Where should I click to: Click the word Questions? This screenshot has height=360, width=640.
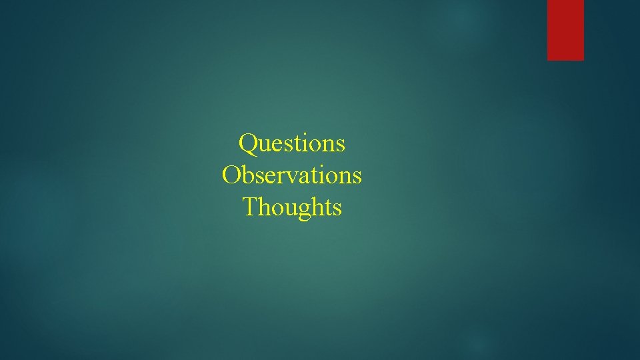coord(292,143)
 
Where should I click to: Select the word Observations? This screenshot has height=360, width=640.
coord(292,175)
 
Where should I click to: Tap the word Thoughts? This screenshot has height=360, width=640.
coord(292,207)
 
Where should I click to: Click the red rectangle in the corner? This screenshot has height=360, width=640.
coord(565,30)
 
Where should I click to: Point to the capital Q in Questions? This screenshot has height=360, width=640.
coord(248,143)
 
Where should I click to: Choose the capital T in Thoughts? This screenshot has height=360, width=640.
coord(251,207)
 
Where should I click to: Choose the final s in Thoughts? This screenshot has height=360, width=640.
coord(337,208)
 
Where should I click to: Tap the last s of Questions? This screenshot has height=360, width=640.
coord(341,144)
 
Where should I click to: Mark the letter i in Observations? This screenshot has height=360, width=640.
coord(319,175)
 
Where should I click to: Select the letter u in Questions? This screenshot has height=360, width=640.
coord(264,144)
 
